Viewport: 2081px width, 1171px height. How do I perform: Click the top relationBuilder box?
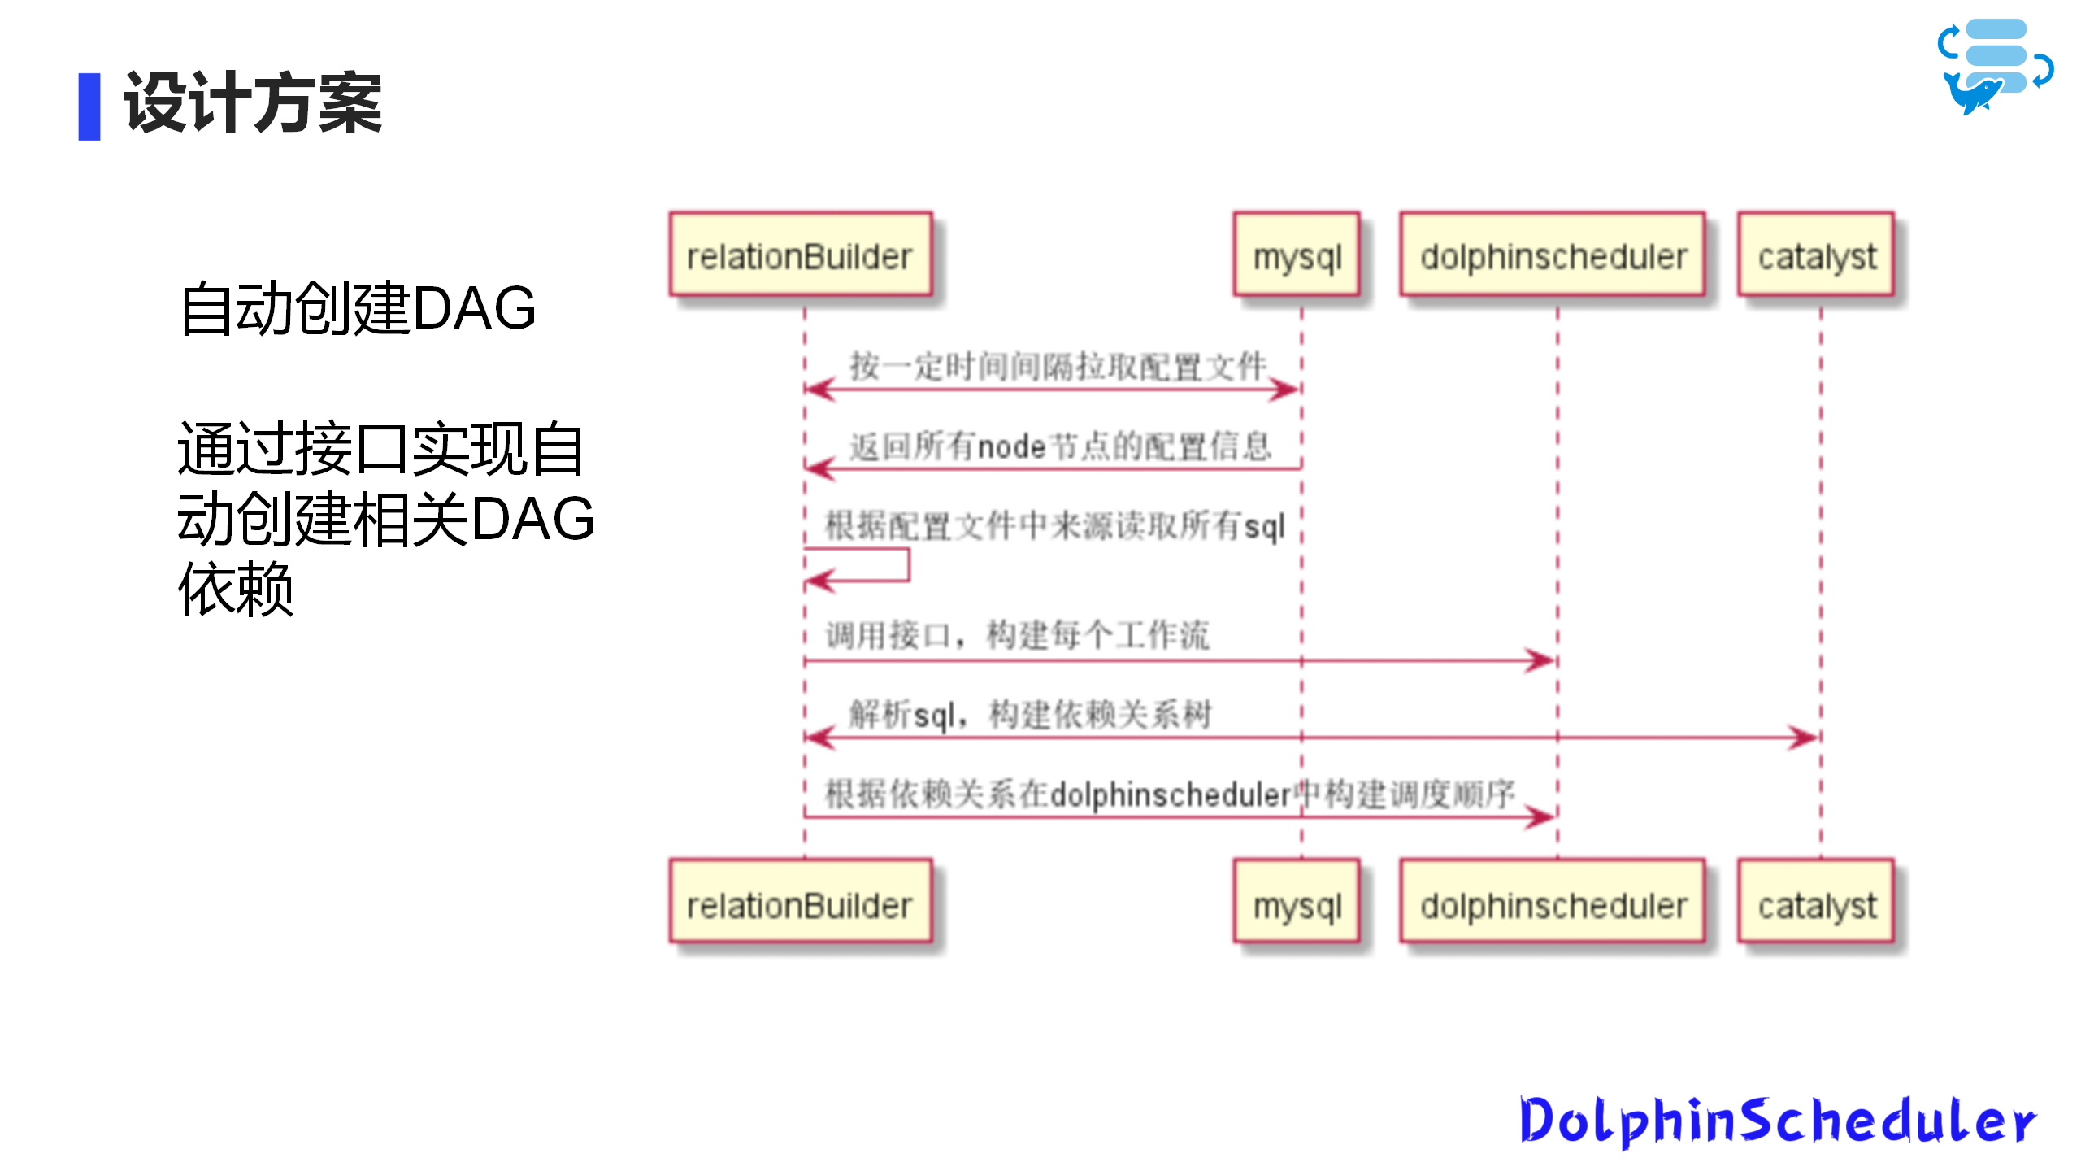pos(801,255)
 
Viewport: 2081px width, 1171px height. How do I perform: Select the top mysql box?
pos(1297,255)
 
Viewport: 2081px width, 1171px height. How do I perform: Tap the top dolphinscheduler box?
pos(1553,255)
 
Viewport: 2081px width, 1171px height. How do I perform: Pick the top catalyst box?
pos(1817,255)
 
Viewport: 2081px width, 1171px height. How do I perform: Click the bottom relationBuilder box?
pos(801,901)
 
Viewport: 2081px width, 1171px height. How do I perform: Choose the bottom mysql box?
pos(1297,901)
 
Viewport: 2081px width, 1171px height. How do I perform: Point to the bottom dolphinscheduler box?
pos(1553,901)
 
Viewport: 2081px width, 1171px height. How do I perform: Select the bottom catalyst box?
pos(1817,901)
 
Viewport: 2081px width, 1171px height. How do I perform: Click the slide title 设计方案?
pos(253,103)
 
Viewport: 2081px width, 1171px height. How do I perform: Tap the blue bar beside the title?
pos(89,107)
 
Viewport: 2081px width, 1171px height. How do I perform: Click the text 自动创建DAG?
pos(358,308)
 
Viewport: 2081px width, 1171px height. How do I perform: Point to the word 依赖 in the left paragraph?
pos(236,589)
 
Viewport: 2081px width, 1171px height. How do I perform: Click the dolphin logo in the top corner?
pos(1996,67)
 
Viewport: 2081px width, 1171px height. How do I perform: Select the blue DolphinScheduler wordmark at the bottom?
pos(1778,1121)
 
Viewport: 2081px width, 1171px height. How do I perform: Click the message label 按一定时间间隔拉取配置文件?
pos(1058,366)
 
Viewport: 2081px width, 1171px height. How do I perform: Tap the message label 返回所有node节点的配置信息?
pos(1061,446)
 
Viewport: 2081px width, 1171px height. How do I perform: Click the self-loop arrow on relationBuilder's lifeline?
pos(908,565)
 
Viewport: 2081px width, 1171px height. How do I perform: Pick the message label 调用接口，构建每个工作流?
pos(1018,635)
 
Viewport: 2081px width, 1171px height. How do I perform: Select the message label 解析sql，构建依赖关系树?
pos(1031,715)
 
